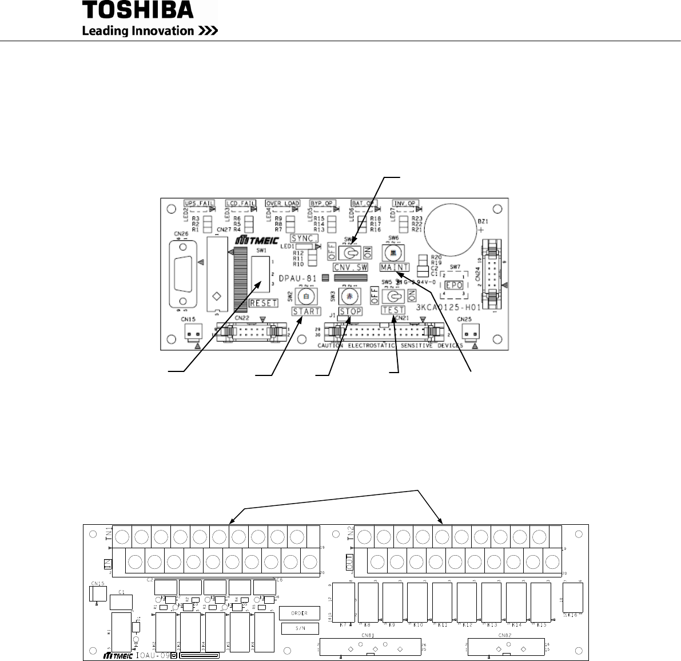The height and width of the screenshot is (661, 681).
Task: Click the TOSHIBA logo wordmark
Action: [x=138, y=10]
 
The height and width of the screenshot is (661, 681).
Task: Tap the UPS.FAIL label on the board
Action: [x=197, y=203]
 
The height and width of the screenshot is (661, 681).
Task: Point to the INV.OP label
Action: [x=405, y=203]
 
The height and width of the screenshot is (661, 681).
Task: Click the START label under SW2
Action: [x=306, y=311]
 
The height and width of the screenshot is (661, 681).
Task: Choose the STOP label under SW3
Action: [x=351, y=311]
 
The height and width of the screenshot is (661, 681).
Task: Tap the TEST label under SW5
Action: [x=393, y=310]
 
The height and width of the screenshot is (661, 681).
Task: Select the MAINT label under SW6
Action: [x=394, y=267]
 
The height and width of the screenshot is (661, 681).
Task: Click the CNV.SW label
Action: [x=350, y=267]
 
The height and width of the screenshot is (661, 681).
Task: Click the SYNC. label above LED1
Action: [x=305, y=238]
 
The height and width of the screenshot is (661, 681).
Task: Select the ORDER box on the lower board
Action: [x=300, y=613]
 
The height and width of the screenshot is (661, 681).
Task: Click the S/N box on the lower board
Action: [x=300, y=628]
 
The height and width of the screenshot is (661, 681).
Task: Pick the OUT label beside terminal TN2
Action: [x=350, y=561]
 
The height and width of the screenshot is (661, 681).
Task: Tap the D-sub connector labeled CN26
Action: [x=182, y=275]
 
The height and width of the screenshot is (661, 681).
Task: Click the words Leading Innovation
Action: [x=138, y=31]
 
